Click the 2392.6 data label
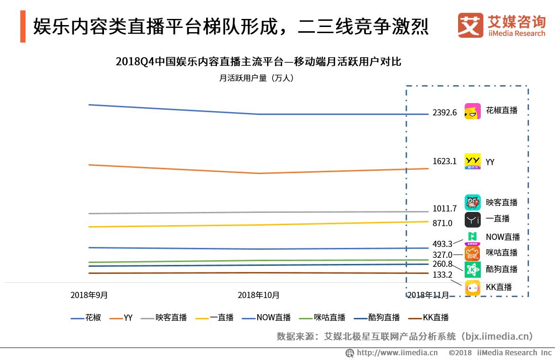[444, 113]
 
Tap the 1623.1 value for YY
[444, 161]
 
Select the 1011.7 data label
[444, 209]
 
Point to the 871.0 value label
[442, 223]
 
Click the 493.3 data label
[442, 244]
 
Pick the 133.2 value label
[442, 274]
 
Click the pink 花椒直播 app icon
[473, 111]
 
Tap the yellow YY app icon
[473, 161]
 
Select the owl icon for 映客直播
[473, 202]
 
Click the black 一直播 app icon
[473, 220]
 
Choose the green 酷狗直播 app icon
[473, 270]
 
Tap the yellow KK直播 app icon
[473, 288]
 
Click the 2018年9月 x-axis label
[89, 295]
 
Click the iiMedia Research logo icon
[470, 25]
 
